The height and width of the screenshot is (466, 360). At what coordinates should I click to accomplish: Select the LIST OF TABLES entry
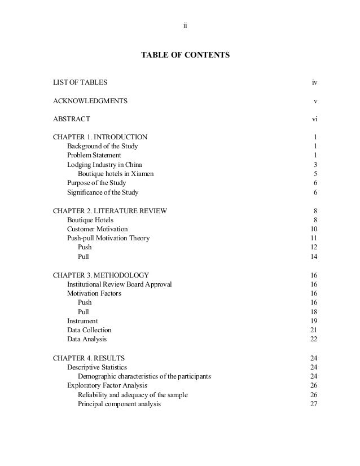pyautogui.click(x=80, y=83)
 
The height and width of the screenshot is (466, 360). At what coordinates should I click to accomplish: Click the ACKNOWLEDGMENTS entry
pyautogui.click(x=90, y=101)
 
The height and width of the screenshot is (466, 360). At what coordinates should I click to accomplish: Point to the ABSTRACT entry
pyautogui.click(x=71, y=119)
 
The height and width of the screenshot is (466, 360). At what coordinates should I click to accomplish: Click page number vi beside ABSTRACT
pyautogui.click(x=314, y=119)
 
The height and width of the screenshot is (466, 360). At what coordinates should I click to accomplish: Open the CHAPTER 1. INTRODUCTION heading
pyautogui.click(x=100, y=137)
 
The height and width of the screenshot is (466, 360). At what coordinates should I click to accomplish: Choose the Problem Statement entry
pyautogui.click(x=94, y=155)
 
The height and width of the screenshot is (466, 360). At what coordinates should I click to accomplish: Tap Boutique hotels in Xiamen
pyautogui.click(x=115, y=174)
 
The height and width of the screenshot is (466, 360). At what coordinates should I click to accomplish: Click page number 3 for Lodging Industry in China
pyautogui.click(x=315, y=164)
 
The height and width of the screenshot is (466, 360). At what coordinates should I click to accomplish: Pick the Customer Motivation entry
pyautogui.click(x=97, y=229)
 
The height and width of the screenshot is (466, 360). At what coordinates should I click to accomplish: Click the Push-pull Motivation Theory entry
pyautogui.click(x=108, y=238)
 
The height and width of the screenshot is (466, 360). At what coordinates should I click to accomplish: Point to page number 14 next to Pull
pyautogui.click(x=314, y=257)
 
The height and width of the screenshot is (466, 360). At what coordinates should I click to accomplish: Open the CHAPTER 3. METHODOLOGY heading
pyautogui.click(x=100, y=275)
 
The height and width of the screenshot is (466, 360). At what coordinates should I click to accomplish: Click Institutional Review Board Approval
pyautogui.click(x=119, y=284)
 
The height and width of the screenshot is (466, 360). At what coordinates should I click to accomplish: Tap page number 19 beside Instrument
pyautogui.click(x=314, y=321)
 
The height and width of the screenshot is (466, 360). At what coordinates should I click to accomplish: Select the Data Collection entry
pyautogui.click(x=89, y=330)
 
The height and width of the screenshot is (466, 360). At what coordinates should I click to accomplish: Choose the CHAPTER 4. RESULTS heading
pyautogui.click(x=89, y=358)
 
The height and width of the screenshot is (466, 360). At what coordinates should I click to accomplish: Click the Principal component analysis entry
pyautogui.click(x=119, y=404)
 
